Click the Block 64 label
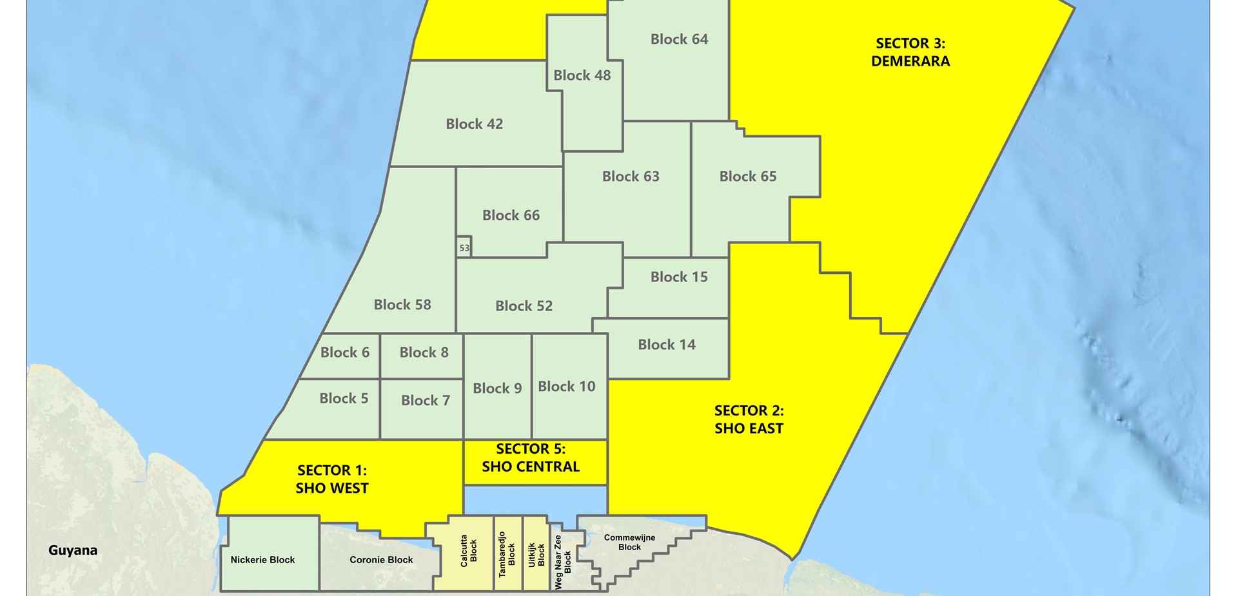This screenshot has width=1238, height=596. (679, 39)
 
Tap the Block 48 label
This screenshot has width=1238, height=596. (582, 75)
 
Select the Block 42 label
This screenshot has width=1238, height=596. (474, 124)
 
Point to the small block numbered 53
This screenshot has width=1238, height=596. (464, 247)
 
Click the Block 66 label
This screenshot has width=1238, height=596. (511, 215)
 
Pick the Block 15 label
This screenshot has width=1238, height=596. (679, 277)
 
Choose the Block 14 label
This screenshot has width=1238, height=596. (667, 345)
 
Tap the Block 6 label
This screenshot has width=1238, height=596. (344, 352)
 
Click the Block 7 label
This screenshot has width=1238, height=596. (425, 400)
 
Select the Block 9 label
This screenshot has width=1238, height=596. (497, 388)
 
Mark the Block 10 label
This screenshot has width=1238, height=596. (567, 387)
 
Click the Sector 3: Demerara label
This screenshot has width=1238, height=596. (910, 52)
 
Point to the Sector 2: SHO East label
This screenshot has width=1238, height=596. (749, 419)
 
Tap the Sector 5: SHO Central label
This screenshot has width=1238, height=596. (531, 457)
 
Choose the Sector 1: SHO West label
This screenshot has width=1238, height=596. (332, 479)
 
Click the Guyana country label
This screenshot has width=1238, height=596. (73, 550)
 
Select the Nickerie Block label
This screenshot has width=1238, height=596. (262, 560)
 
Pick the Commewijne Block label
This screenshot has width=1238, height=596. (629, 543)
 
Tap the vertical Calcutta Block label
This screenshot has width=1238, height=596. (468, 551)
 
